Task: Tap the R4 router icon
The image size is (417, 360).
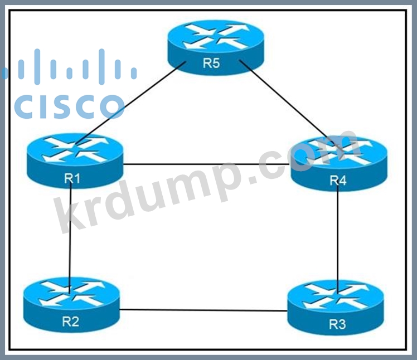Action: [x=339, y=162]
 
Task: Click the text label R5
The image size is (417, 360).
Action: [x=211, y=63]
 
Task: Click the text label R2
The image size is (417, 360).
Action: [x=71, y=322]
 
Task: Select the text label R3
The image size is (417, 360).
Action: [x=337, y=324]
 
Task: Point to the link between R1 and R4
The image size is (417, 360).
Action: [x=206, y=164]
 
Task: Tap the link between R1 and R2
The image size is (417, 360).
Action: [x=71, y=234]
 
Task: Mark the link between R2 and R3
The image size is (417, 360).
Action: [x=203, y=310]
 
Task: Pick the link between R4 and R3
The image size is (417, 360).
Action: [x=339, y=234]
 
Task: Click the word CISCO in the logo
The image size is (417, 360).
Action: [x=69, y=106]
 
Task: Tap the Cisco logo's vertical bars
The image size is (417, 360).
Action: [x=69, y=67]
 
